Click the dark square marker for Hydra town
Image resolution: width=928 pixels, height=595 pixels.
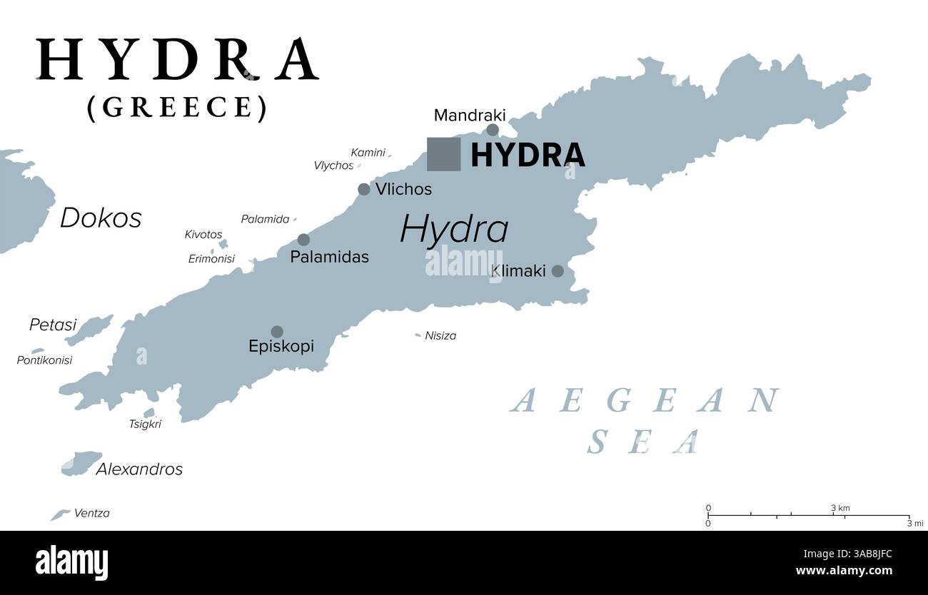tap(443, 154)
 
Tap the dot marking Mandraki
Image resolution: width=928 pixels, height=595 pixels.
tap(493, 129)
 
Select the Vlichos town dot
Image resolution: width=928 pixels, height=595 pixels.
tap(364, 189)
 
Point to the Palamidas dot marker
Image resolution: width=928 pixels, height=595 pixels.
tap(304, 240)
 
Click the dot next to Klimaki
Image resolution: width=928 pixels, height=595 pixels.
tap(558, 271)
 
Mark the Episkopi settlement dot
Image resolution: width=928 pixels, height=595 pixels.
tap(277, 332)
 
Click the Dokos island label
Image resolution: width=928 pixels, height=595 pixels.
tap(101, 218)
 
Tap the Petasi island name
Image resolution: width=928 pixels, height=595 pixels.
tap(53, 325)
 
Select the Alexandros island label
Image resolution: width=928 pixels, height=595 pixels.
tap(139, 469)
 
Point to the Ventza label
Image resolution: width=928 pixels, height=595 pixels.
tap(92, 513)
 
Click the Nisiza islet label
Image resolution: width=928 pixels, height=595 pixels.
tap(440, 335)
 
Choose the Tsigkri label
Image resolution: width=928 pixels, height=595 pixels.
tap(145, 424)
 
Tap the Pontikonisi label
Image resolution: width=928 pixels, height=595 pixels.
tap(44, 360)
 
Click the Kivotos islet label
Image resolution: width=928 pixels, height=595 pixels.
tap(203, 234)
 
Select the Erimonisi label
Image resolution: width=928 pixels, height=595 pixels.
tap(211, 259)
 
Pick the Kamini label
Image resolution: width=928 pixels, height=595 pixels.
tap(368, 152)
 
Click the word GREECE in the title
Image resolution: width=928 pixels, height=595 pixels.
tap(177, 107)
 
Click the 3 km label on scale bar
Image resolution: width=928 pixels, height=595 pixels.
tap(840, 508)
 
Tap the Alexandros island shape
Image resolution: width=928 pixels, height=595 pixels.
tap(81, 463)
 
